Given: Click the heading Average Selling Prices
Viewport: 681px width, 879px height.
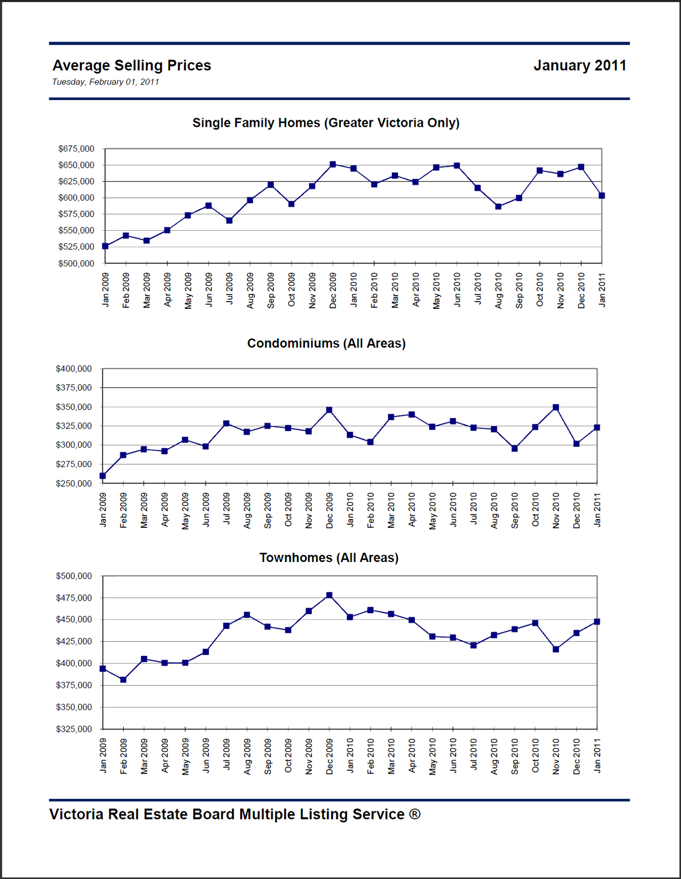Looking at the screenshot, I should tap(131, 65).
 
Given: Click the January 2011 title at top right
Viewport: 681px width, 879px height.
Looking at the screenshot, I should tap(579, 65).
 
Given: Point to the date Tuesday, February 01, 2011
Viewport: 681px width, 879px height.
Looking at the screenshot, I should tap(106, 82).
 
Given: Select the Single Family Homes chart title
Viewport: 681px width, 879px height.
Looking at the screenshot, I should tap(325, 123).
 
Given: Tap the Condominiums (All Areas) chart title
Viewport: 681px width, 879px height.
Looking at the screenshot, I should tap(326, 343).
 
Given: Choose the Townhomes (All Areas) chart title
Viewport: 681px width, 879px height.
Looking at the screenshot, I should tap(329, 558).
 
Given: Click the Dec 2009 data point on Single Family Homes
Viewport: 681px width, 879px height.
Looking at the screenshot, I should tap(333, 164).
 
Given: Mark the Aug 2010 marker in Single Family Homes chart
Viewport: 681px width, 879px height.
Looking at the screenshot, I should tap(498, 207).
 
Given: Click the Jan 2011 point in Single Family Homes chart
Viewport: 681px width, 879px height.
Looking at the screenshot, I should tap(601, 196).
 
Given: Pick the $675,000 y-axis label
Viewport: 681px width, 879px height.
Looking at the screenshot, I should tap(76, 149).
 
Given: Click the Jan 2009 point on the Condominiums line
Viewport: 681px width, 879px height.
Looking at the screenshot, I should tap(103, 476).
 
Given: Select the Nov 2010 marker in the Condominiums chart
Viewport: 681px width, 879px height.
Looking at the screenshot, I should tap(556, 408).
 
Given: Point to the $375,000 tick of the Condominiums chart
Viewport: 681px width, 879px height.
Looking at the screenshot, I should tap(74, 388).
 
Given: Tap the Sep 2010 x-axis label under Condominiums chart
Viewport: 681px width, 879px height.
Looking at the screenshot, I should tap(515, 510).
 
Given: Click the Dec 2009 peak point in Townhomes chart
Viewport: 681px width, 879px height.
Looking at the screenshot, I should tap(329, 595).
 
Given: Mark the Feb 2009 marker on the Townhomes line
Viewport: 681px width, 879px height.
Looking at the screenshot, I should tap(123, 680).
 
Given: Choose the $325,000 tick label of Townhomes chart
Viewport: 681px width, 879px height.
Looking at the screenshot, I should tap(74, 729).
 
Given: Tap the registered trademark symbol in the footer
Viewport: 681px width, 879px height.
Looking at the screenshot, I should tap(414, 814).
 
